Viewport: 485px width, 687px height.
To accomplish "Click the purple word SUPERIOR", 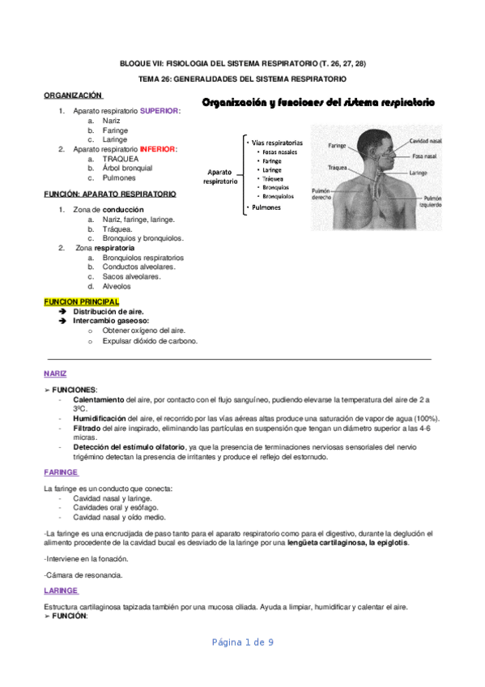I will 159,110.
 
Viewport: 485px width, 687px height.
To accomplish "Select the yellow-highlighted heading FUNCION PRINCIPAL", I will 81,301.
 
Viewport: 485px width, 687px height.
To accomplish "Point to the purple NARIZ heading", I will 55,373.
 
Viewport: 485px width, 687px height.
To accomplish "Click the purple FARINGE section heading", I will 61,472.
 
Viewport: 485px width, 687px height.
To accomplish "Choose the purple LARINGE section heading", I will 61,591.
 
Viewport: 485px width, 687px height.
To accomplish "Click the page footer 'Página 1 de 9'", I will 242,642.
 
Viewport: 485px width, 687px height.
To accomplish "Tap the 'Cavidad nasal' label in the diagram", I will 424,140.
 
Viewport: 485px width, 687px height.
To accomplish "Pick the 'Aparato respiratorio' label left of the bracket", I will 220,177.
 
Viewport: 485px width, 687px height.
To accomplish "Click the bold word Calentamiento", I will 99,400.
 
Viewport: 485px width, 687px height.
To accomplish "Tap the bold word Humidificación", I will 100,418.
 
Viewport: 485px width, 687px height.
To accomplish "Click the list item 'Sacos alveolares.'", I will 131,276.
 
